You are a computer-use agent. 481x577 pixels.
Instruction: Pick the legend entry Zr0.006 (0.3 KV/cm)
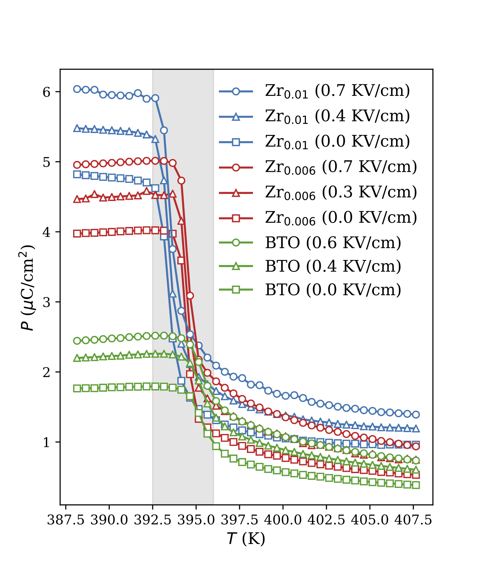click(341, 193)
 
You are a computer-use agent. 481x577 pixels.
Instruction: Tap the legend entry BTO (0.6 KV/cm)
click(333, 243)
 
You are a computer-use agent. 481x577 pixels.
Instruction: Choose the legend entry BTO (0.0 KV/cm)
click(333, 290)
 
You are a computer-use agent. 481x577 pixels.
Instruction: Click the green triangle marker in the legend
click(236, 266)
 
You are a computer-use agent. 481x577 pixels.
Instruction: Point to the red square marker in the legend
click(236, 218)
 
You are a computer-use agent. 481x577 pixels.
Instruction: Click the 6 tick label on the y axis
click(47, 92)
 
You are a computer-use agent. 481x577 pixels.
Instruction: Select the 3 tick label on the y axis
click(47, 302)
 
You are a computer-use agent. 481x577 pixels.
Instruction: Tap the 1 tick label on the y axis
click(47, 442)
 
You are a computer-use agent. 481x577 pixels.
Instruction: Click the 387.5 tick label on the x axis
click(66, 520)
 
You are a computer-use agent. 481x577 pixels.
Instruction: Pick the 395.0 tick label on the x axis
click(196, 520)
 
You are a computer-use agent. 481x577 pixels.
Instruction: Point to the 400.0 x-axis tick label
click(283, 520)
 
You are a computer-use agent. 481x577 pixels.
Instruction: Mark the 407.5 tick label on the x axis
click(413, 520)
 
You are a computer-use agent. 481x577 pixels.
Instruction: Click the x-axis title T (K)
click(246, 539)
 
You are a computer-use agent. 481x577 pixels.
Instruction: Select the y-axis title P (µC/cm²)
click(27, 288)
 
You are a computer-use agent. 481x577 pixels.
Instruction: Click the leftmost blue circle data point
click(77, 89)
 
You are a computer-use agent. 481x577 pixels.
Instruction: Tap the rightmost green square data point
click(416, 485)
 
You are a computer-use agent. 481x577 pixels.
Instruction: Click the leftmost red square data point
click(77, 233)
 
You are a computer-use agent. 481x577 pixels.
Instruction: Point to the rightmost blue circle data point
click(416, 414)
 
